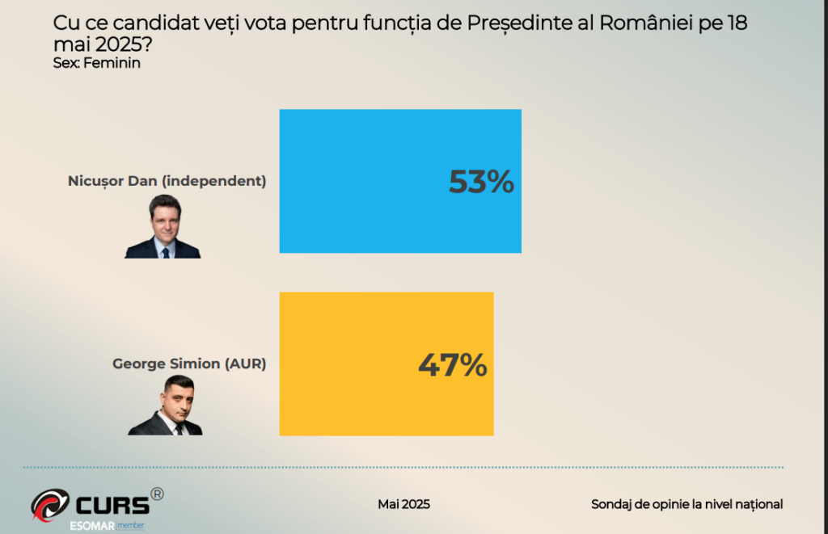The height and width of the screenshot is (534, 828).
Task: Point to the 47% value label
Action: tap(452, 365)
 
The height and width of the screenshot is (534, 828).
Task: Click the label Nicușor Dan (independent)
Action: tap(167, 181)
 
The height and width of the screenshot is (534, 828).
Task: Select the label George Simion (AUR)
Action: tap(189, 364)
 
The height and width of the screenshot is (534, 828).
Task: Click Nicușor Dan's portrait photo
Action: tap(163, 226)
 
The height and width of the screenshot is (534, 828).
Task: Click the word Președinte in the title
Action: tap(517, 23)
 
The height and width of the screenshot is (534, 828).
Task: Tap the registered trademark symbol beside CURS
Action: tap(157, 494)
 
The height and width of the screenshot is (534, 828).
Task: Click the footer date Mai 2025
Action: tap(403, 504)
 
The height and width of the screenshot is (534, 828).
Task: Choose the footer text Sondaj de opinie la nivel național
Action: tap(686, 504)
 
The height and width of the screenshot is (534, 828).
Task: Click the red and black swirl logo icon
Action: tap(50, 505)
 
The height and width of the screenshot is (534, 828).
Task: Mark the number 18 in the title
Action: tap(737, 23)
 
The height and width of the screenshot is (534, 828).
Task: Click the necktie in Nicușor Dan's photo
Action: tap(165, 251)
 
